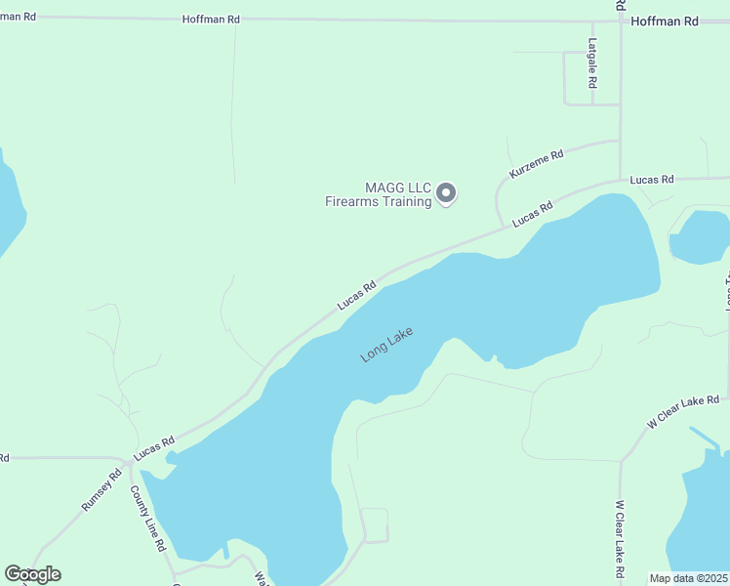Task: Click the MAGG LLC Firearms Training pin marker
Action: click(x=446, y=193)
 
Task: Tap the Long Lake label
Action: click(x=387, y=345)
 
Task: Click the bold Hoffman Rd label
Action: click(x=665, y=21)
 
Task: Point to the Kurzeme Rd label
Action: click(x=536, y=163)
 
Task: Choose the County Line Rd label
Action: click(x=148, y=518)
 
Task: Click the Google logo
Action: click(x=32, y=574)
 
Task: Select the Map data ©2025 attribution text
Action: click(x=689, y=578)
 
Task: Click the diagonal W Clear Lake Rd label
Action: click(x=683, y=411)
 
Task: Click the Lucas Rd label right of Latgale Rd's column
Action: click(x=652, y=180)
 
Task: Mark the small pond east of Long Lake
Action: click(x=701, y=237)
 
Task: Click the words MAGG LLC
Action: click(x=397, y=188)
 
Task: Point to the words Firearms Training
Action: click(x=378, y=202)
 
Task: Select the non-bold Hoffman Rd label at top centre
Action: click(x=211, y=20)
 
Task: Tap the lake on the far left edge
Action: click(x=8, y=205)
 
